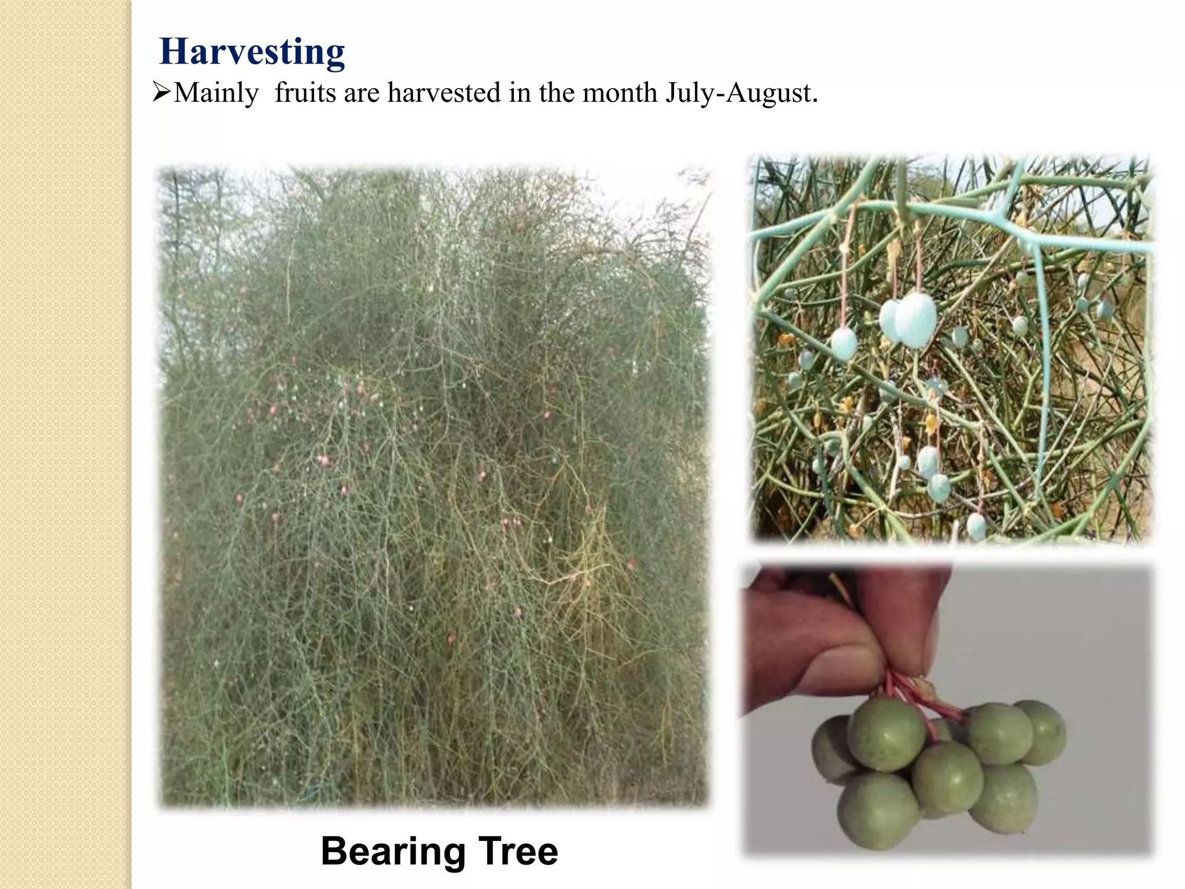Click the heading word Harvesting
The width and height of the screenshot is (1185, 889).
click(252, 52)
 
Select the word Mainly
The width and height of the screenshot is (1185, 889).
click(216, 93)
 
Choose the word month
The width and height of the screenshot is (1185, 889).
click(619, 92)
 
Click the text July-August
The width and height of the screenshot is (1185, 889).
click(741, 93)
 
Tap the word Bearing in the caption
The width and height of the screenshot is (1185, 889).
click(393, 851)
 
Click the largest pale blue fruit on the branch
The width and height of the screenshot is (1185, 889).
click(915, 320)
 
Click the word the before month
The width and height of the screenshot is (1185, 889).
click(557, 92)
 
